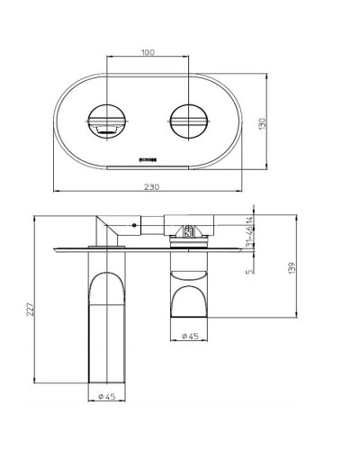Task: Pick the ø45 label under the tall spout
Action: (x=106, y=394)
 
